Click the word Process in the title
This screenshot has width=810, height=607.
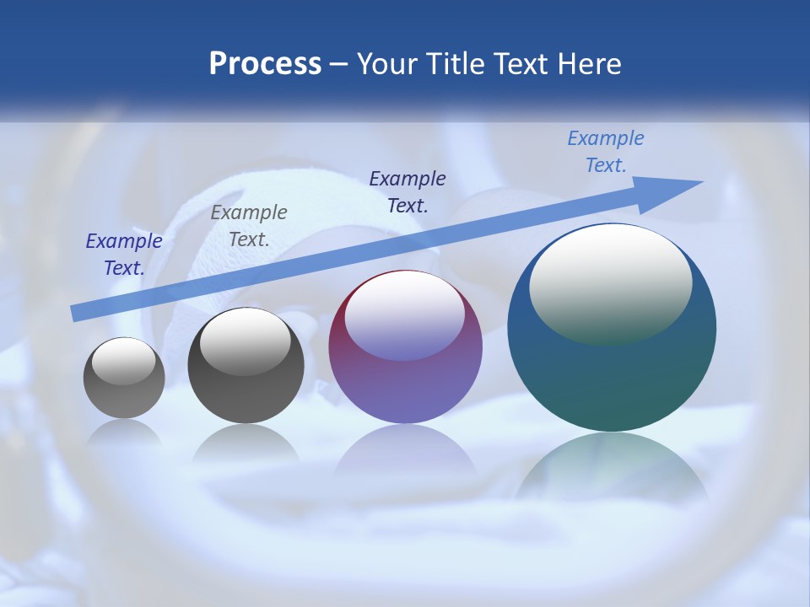[x=265, y=64]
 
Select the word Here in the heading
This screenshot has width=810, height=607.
[x=588, y=64]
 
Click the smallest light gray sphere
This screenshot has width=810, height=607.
[x=124, y=378]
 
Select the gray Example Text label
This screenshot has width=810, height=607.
[x=249, y=226]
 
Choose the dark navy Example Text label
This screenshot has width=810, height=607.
[x=408, y=191]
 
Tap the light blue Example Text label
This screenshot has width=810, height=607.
[x=606, y=152]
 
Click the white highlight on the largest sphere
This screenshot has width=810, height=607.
[x=610, y=282]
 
